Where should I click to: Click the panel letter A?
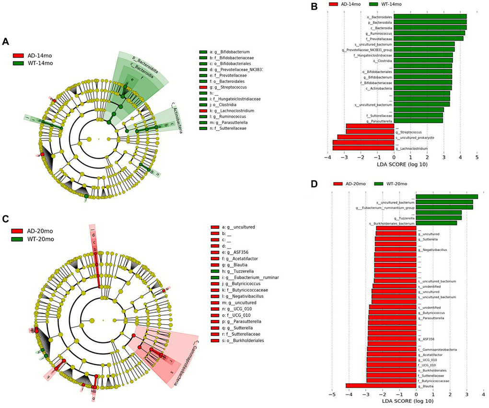6,42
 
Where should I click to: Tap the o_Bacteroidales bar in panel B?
430,17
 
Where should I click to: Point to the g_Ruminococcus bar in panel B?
429,33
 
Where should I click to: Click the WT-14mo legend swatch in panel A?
18,63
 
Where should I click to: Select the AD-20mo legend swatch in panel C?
18,230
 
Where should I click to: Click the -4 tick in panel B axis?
328,157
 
